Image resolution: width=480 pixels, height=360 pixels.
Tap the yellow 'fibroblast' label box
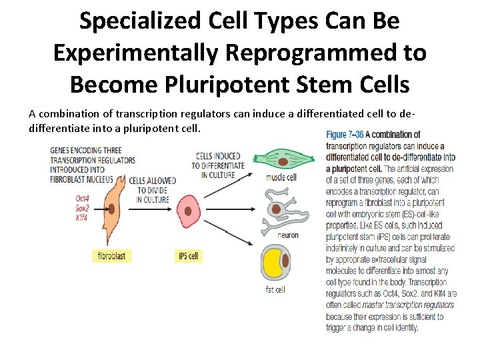tap(111, 255)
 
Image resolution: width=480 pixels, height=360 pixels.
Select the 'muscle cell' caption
tap(281, 177)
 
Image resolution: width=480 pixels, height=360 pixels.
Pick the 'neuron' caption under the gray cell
tap(288, 235)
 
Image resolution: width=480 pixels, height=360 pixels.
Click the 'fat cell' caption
tap(275, 289)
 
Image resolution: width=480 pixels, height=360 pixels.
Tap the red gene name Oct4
tap(83, 199)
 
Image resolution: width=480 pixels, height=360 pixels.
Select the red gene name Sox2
tap(83, 208)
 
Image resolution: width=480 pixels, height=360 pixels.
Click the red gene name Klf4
tap(81, 217)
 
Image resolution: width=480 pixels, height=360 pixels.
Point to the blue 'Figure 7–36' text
tap(345, 135)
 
